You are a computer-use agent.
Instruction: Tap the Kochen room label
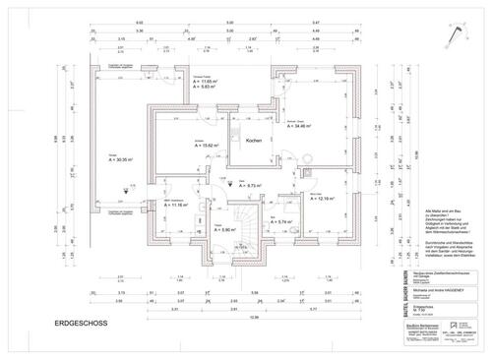[252, 141]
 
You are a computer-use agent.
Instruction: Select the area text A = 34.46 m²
[305, 127]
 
